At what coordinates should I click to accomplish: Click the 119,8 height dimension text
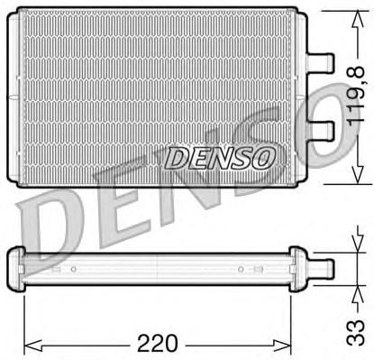356,94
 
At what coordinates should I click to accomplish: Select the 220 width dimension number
157,343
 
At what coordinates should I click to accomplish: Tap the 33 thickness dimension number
356,332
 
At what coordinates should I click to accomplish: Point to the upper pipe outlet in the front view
320,63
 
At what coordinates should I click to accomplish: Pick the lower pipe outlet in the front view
320,131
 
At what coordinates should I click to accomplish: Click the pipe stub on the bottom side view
324,269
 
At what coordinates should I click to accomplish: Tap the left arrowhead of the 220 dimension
32,343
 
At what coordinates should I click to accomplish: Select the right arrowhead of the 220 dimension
282,343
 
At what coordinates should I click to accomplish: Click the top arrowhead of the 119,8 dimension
358,19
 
